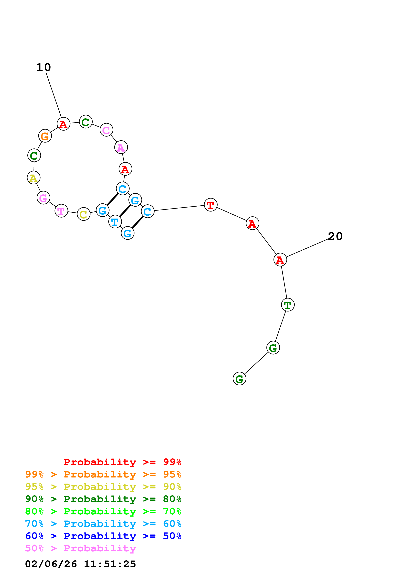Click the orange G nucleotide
(45, 136)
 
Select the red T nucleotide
(210, 205)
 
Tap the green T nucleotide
(288, 305)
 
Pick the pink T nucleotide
(61, 211)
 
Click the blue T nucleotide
(115, 222)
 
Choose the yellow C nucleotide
(84, 214)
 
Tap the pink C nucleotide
(106, 130)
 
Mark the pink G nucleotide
(43, 198)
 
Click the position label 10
(43, 67)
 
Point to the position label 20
(335, 236)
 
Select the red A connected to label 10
(63, 124)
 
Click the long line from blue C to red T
(179, 208)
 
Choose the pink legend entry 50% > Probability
(80, 548)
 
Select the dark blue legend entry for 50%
(103, 536)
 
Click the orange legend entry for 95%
(103, 474)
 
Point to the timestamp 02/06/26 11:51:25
(80, 564)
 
